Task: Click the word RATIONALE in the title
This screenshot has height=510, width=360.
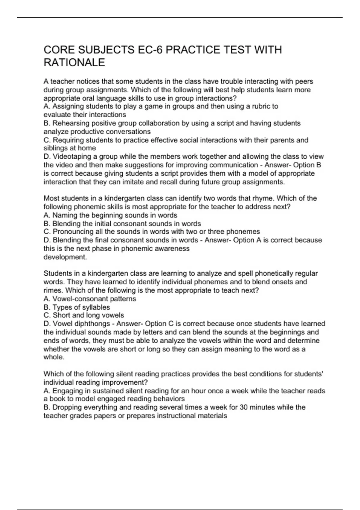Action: coord(74,62)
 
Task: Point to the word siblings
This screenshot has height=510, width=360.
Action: coord(56,148)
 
